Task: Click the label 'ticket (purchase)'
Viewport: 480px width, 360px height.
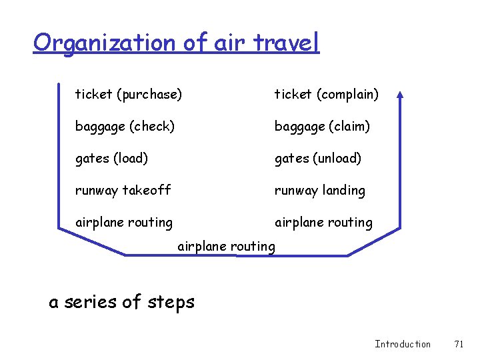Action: click(x=128, y=95)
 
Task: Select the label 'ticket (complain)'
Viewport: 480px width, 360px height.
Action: click(x=327, y=95)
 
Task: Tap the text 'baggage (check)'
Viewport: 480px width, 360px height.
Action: click(x=125, y=126)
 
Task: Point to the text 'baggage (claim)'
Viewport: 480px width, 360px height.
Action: click(x=322, y=126)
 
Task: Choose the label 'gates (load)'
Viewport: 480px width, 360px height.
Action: click(x=111, y=158)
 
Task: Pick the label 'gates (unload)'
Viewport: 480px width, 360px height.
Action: click(x=318, y=158)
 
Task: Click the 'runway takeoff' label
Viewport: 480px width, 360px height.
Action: click(x=123, y=190)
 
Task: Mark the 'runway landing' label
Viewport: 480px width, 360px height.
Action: click(x=320, y=190)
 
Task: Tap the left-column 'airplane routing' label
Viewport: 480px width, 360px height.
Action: click(x=123, y=222)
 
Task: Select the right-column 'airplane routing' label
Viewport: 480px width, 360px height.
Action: click(x=323, y=222)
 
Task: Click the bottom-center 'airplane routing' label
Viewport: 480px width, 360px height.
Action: click(x=226, y=246)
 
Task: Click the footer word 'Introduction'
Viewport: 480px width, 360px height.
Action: click(x=403, y=344)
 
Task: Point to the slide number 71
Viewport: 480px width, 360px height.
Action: click(x=458, y=344)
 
